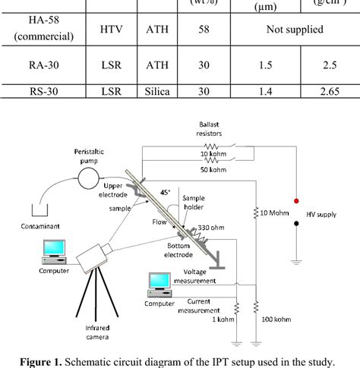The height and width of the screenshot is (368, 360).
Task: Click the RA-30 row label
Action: pyautogui.click(x=42, y=65)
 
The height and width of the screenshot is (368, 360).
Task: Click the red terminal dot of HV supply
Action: pyautogui.click(x=296, y=201)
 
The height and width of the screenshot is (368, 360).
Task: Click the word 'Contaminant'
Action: pyautogui.click(x=35, y=225)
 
